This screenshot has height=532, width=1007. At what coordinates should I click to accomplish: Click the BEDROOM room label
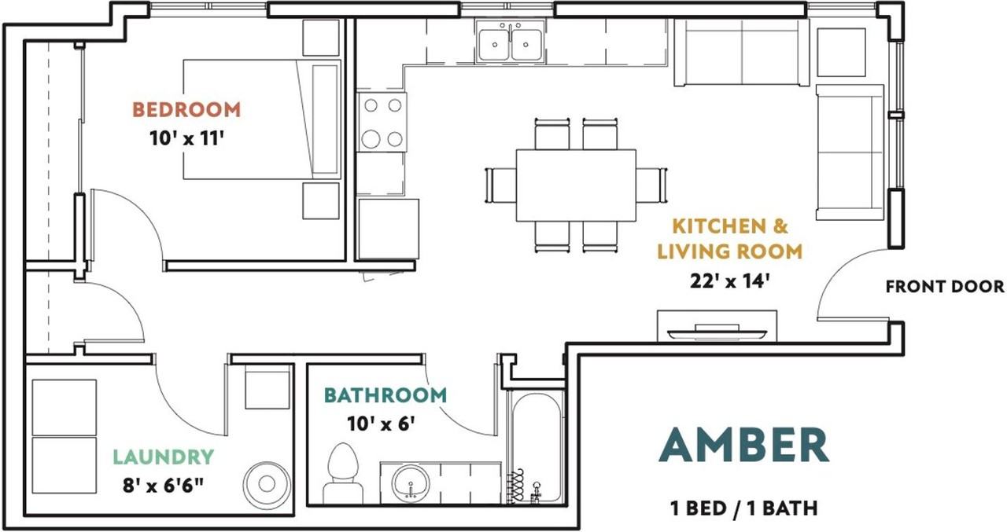coord(186,110)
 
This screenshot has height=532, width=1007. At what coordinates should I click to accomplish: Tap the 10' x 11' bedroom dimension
coord(187,139)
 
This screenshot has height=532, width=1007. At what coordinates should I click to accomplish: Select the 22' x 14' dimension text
coord(729,281)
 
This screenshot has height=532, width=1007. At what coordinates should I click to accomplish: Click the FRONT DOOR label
coord(945,286)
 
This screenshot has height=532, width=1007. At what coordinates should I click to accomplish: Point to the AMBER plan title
coord(744,445)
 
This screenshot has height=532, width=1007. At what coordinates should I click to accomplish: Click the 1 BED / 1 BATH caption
coord(744,508)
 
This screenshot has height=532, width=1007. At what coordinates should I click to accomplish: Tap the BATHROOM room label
coord(385,395)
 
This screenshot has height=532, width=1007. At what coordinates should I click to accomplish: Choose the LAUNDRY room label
coord(163,457)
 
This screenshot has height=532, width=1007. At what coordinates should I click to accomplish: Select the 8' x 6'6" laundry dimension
coord(163,486)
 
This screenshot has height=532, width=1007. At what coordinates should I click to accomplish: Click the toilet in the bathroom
coord(344,473)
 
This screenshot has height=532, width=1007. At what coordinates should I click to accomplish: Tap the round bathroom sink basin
coord(411,483)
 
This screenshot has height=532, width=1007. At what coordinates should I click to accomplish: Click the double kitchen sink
coord(511,42)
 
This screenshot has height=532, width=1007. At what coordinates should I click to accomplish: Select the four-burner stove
coord(382,122)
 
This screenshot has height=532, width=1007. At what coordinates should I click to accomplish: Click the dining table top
coord(576,185)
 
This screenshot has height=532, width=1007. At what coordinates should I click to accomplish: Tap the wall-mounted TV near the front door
coord(717,333)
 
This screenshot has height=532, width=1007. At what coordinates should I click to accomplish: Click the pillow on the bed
coord(325,119)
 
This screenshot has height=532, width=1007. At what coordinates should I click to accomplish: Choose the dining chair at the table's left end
coord(501,185)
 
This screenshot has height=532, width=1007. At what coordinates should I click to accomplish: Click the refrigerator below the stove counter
coord(389,229)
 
